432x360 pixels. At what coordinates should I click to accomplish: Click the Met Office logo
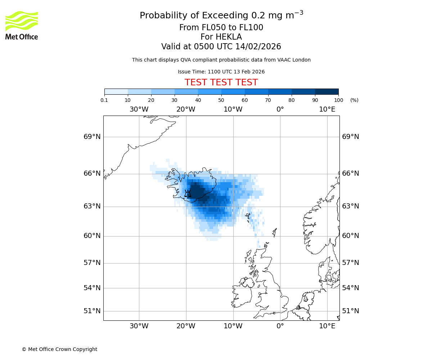22,25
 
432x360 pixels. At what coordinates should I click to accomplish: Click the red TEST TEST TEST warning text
221,82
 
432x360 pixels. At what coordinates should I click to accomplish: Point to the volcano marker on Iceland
188,194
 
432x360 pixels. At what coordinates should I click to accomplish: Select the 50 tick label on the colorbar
221,100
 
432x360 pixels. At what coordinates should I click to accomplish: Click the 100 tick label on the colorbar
338,100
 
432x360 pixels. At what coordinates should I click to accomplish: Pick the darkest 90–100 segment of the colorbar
327,92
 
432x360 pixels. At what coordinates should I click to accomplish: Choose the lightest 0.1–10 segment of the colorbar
116,92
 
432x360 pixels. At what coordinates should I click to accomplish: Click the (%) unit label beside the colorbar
354,100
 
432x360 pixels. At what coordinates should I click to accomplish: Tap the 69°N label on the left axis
92,137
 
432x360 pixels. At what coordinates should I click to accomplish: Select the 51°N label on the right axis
350,311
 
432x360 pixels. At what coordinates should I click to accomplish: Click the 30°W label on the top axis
139,109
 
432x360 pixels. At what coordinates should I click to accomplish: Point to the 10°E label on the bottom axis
327,326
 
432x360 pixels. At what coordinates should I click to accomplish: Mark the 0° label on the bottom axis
280,326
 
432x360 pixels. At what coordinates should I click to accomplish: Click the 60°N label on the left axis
92,236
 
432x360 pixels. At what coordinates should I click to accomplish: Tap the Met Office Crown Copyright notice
59,349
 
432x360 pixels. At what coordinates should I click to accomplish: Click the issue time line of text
221,72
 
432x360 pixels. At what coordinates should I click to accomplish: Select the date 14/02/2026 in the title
258,47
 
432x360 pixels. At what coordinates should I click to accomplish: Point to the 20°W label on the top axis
186,109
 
